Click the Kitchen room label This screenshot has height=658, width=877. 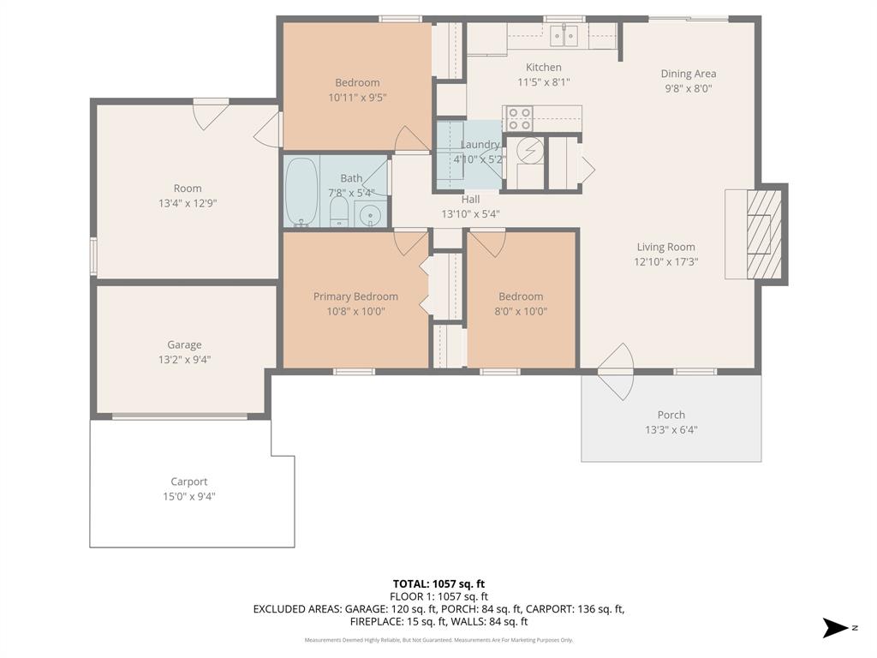pyautogui.click(x=543, y=68)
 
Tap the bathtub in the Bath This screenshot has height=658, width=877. pyautogui.click(x=301, y=192)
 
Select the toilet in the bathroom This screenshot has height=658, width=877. pyautogui.click(x=339, y=212)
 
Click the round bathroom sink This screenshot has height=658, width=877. pyautogui.click(x=370, y=213)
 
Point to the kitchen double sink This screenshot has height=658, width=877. pyautogui.click(x=564, y=35)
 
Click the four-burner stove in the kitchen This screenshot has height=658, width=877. pyautogui.click(x=518, y=118)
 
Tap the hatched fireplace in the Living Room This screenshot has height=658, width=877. pyautogui.click(x=764, y=233)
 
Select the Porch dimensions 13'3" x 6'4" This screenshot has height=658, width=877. pyautogui.click(x=671, y=430)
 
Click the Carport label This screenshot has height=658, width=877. pyautogui.click(x=188, y=482)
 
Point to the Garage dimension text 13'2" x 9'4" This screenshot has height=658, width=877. pyautogui.click(x=184, y=360)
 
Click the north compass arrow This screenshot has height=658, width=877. pyautogui.click(x=836, y=628)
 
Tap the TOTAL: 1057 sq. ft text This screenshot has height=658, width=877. pyautogui.click(x=438, y=584)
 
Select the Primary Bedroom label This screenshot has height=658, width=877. pyautogui.click(x=355, y=296)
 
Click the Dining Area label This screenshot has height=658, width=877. pyautogui.click(x=688, y=74)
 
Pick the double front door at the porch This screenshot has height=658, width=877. pyautogui.click(x=617, y=371)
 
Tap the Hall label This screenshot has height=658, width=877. pyautogui.click(x=470, y=200)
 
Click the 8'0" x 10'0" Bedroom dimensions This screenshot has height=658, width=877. pyautogui.click(x=521, y=311)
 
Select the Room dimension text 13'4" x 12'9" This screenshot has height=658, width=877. pyautogui.click(x=187, y=203)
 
